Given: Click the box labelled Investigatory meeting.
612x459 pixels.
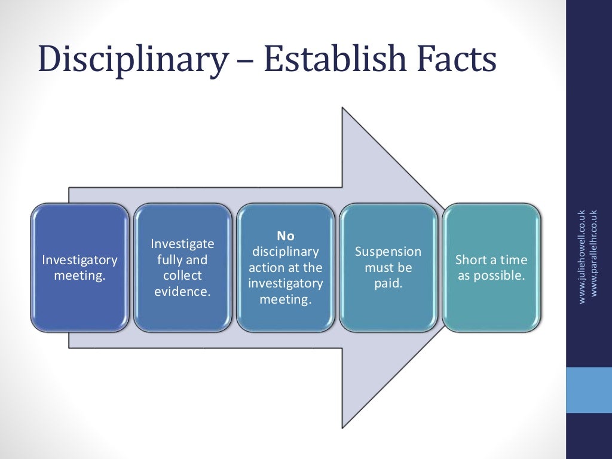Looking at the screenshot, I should (79, 268).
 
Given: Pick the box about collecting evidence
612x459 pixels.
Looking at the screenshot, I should (182, 268).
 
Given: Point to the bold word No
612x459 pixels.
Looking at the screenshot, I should (286, 236).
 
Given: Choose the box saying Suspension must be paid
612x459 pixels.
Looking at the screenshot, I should (388, 268).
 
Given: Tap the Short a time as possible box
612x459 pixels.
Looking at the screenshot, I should (491, 268).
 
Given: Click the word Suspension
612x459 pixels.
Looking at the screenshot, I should (388, 252).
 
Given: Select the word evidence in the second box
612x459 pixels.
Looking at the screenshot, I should (182, 292).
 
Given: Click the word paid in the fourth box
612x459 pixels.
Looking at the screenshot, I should (388, 283).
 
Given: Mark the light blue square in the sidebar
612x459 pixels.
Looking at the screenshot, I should (589, 390).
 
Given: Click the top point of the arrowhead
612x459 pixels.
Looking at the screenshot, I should (343, 108).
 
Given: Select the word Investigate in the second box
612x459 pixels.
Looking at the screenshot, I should (182, 244).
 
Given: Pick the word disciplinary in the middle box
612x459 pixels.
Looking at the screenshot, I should (286, 252).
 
